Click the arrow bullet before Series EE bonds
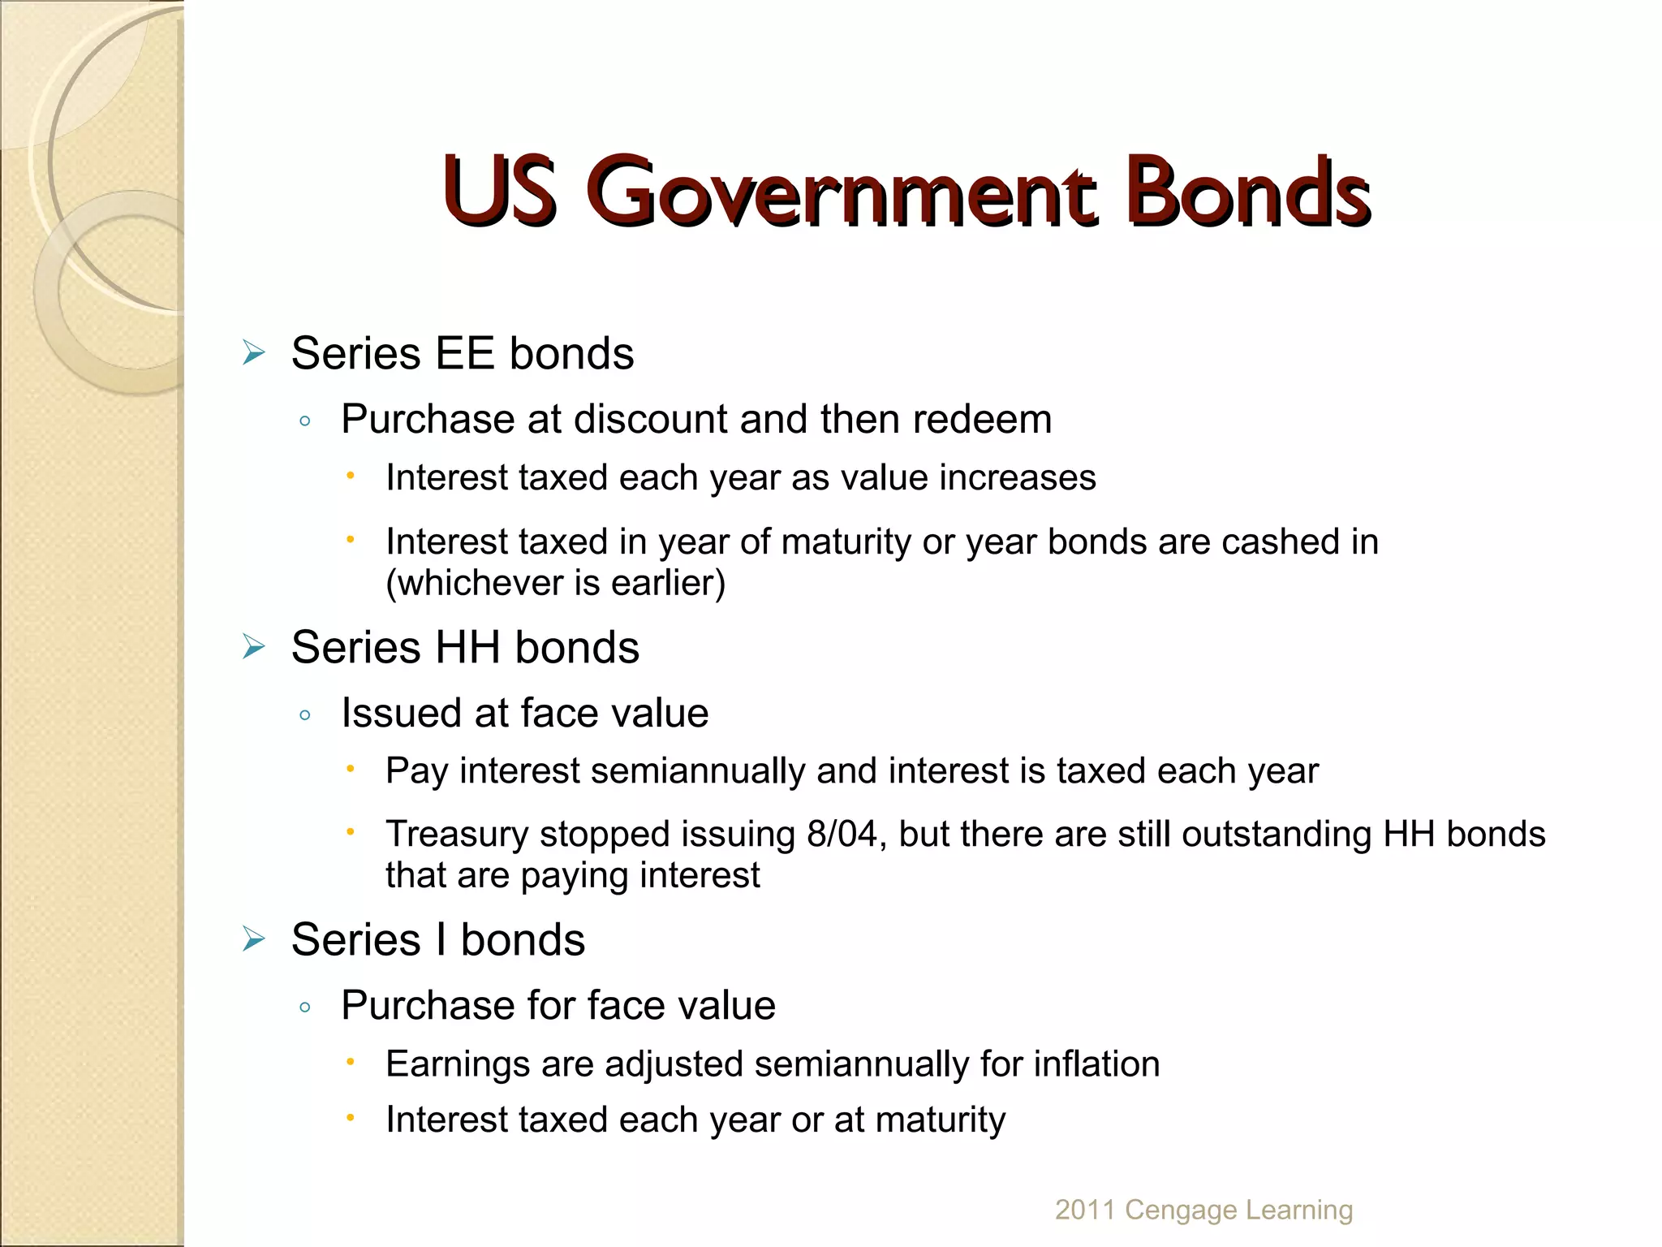254,354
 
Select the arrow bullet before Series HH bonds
254,648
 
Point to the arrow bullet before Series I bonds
254,940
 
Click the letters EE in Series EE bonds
464,354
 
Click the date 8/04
842,835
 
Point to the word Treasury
456,835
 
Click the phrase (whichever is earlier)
555,583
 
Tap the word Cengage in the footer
1181,1210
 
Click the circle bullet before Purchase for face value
305,1008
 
